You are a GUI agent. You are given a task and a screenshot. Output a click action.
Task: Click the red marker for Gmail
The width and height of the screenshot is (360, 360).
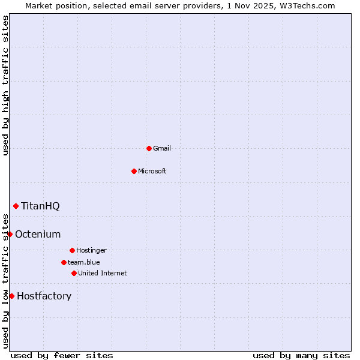149,148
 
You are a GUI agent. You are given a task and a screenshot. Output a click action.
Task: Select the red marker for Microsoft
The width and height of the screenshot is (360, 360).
134,171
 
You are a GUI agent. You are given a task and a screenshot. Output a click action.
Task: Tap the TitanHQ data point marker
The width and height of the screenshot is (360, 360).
16,206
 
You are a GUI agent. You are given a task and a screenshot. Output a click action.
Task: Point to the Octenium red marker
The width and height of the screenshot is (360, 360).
10,234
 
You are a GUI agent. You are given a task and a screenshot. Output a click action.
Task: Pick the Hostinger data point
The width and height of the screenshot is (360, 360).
72,250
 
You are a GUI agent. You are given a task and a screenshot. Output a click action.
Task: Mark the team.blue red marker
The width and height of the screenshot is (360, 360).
64,262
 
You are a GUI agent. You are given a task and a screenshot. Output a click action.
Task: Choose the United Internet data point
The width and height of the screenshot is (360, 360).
74,273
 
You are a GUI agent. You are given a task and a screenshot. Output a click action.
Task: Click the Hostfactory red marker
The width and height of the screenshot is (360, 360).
11,296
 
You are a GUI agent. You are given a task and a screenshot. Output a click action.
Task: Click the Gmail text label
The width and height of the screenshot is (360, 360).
162,148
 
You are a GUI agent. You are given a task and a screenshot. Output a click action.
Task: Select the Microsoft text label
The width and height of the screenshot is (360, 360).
152,171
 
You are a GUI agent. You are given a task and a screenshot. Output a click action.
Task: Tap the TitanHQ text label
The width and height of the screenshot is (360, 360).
40,206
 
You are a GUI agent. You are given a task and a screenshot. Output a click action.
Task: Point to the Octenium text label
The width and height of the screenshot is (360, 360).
38,234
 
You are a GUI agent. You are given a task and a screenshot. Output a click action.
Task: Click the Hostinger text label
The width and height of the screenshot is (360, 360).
91,250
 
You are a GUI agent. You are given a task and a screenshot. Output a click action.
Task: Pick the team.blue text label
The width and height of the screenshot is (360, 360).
84,262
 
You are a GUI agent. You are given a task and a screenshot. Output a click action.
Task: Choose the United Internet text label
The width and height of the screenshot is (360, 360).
103,273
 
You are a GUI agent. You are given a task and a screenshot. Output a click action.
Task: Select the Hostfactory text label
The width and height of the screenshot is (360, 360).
44,296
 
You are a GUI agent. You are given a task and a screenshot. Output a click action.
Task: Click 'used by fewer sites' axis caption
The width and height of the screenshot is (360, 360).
62,355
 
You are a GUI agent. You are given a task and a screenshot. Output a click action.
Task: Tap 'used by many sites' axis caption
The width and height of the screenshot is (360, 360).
301,355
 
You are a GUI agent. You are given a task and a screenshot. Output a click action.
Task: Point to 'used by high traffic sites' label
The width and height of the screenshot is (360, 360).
5,85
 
